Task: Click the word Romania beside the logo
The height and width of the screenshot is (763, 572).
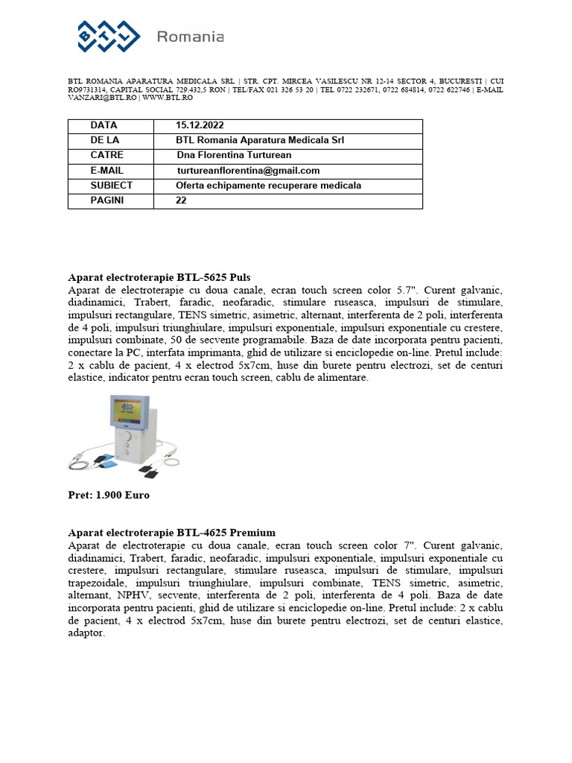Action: point(191,37)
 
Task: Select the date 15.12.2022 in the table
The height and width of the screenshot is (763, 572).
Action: point(200,125)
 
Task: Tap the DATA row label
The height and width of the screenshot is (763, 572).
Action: point(104,125)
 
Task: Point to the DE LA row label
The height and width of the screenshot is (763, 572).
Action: point(107,140)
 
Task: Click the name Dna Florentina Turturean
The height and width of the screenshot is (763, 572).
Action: point(234,155)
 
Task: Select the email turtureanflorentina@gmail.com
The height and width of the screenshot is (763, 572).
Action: point(248,171)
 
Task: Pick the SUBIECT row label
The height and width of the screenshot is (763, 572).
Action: point(112,186)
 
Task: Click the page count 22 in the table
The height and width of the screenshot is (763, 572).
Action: point(182,200)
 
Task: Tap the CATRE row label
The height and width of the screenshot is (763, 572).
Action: point(107,155)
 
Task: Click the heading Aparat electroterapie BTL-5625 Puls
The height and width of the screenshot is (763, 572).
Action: point(159,277)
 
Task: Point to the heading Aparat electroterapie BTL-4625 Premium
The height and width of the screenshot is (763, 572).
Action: point(171,533)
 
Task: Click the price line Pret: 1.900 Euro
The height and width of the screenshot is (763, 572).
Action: point(109,496)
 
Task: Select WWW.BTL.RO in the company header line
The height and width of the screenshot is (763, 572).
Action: point(168,98)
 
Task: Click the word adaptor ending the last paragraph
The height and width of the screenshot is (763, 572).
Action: point(86,633)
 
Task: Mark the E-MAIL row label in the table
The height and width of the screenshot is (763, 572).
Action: point(107,171)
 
